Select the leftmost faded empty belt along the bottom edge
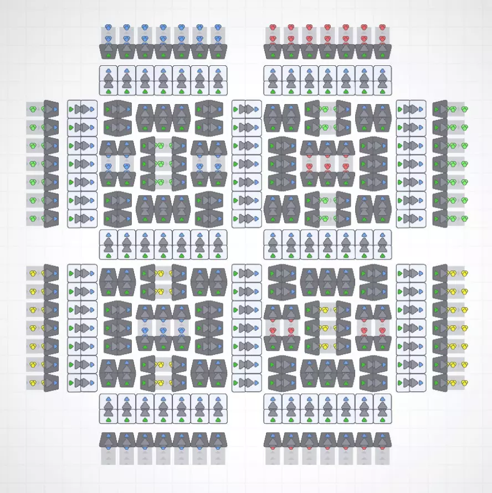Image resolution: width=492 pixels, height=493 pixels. [x=109, y=456]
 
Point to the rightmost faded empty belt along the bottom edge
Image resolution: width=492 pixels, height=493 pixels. [x=382, y=456]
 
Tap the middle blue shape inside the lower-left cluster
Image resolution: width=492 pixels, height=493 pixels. [x=163, y=330]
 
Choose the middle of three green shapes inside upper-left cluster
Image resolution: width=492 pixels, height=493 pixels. [x=161, y=164]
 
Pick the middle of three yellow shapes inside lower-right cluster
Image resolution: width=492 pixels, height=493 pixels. [x=327, y=328]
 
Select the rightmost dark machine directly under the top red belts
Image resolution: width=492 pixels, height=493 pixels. [x=382, y=51]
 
